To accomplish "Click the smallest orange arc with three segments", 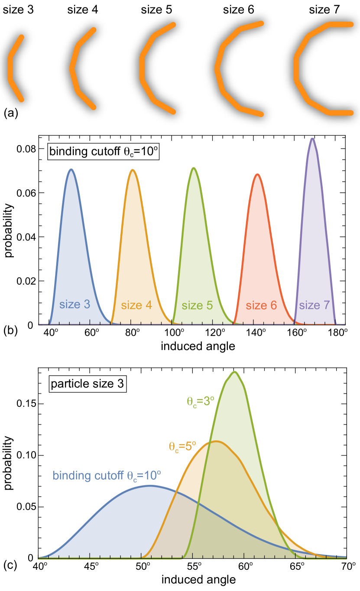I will point(10,68).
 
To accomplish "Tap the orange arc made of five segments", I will point(142,68).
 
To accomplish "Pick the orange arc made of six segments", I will point(217,68).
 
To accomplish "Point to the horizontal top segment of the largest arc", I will point(341,24).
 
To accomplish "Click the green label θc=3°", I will point(201,402).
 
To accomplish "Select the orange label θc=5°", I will point(182,446).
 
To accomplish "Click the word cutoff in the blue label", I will point(109,475).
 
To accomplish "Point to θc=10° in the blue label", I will point(144,475).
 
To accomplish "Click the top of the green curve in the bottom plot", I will point(235,371).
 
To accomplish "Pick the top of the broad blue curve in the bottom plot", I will point(149,485).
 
